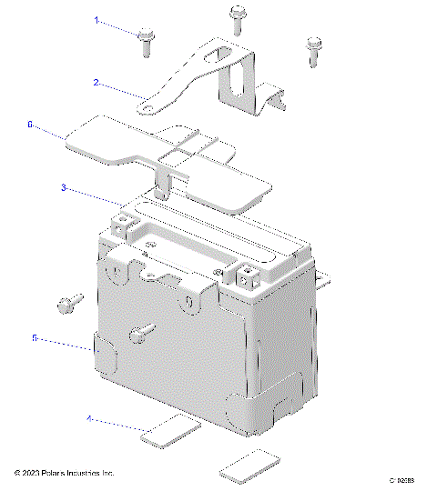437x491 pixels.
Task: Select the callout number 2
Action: (96, 81)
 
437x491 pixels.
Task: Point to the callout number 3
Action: (64, 187)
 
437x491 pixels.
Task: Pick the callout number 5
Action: (34, 337)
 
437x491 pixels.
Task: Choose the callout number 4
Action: (89, 419)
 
